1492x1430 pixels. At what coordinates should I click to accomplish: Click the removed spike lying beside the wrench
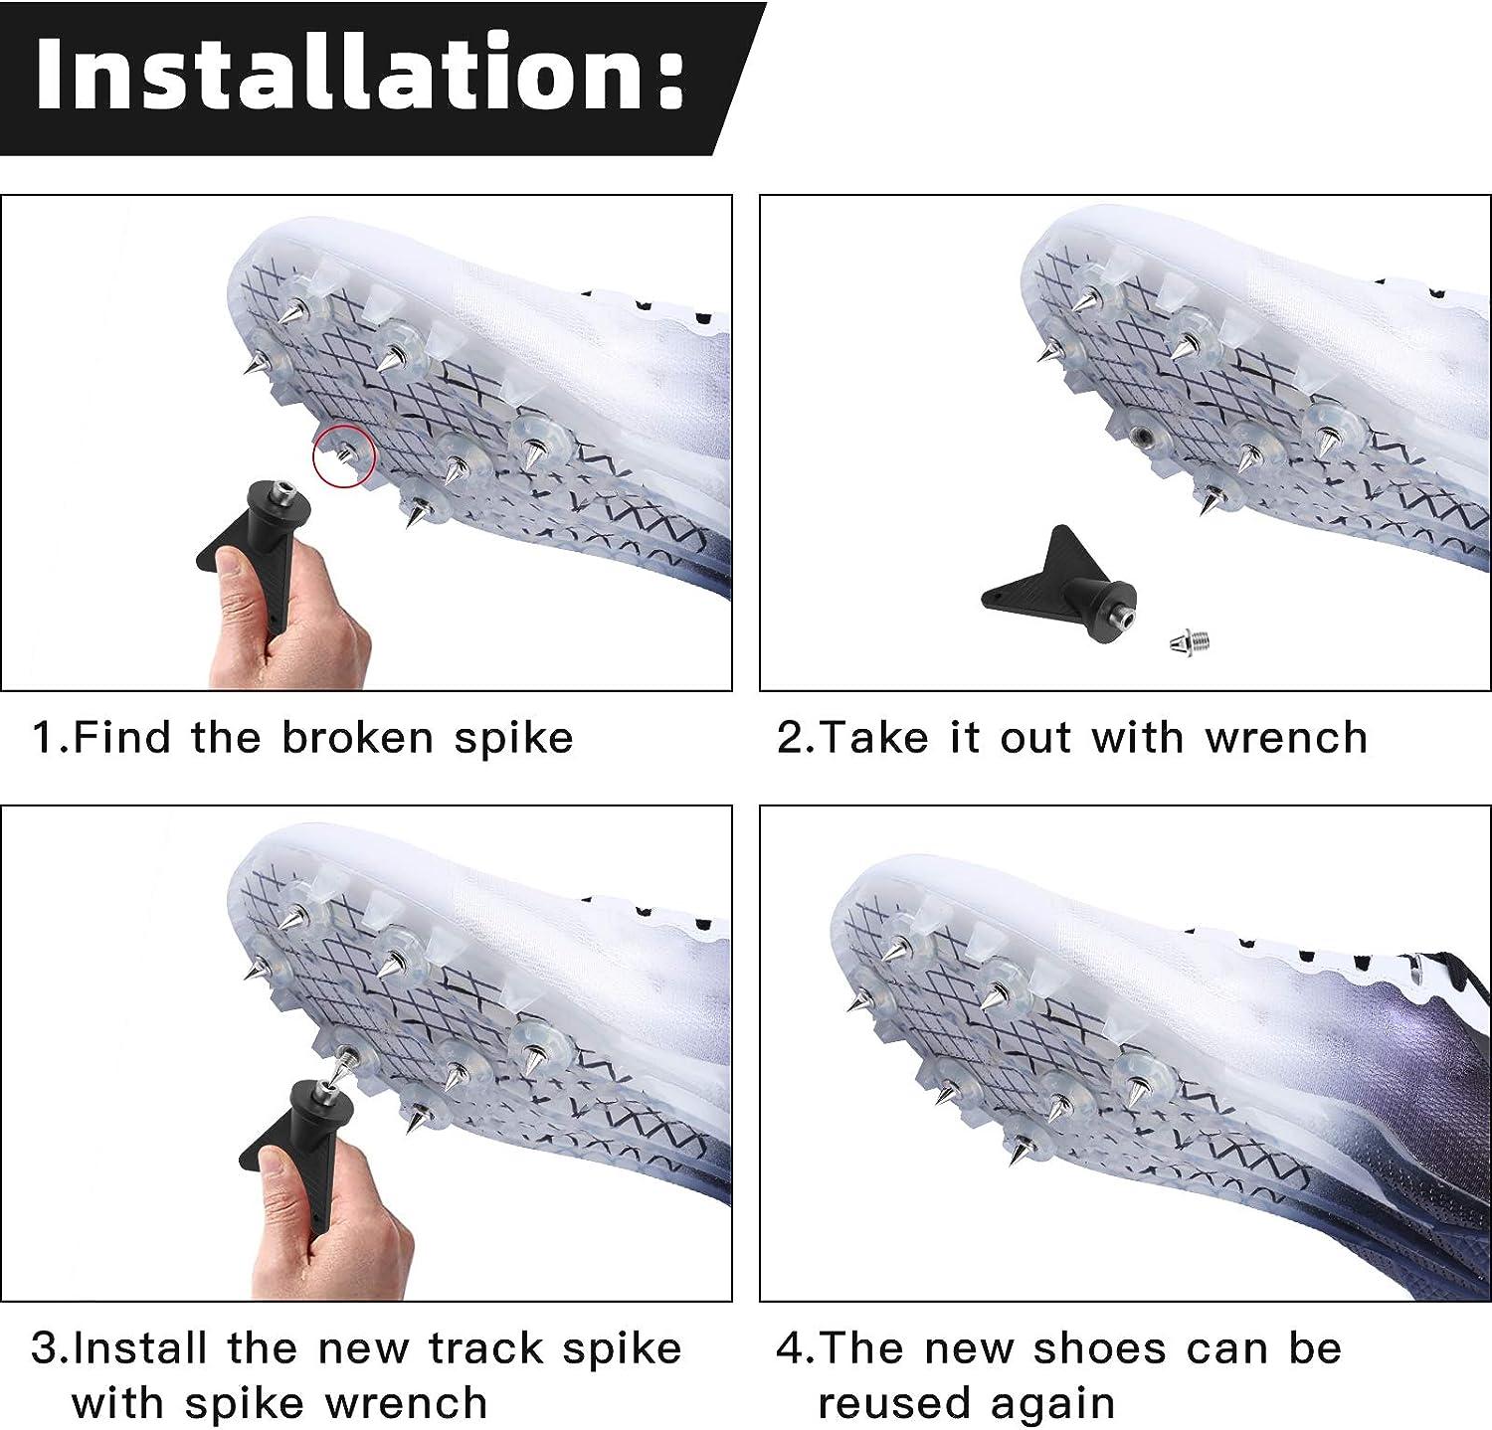[1189, 640]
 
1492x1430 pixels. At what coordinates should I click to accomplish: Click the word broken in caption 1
[358, 738]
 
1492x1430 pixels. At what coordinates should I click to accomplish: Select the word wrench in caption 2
[1286, 738]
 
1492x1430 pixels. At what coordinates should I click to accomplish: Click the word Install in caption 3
[143, 1348]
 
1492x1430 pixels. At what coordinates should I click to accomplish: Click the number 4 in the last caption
[789, 1348]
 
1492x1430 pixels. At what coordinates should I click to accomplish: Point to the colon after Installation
[668, 80]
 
